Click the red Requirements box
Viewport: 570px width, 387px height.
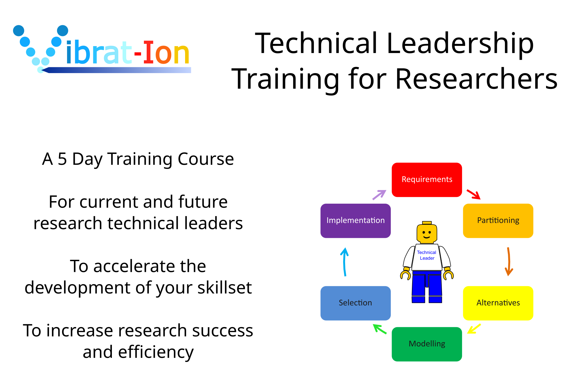click(427, 180)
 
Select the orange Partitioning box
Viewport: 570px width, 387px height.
click(498, 221)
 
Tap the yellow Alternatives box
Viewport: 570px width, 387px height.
click(498, 303)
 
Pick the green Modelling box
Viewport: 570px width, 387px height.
click(427, 344)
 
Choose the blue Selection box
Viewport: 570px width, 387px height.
click(355, 303)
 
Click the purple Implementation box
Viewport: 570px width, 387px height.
click(355, 221)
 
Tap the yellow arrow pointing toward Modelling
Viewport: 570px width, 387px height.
click(474, 329)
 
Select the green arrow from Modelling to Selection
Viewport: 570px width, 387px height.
click(380, 329)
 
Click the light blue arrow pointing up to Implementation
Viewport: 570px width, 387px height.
click(345, 262)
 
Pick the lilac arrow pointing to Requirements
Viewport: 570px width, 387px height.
click(379, 195)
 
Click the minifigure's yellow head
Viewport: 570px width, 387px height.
click(427, 233)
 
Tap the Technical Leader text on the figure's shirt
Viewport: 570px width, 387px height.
click(427, 255)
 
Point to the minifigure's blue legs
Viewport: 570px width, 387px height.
click(427, 287)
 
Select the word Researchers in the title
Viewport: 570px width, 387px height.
click(476, 79)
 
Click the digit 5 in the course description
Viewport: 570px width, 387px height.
click(62, 159)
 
